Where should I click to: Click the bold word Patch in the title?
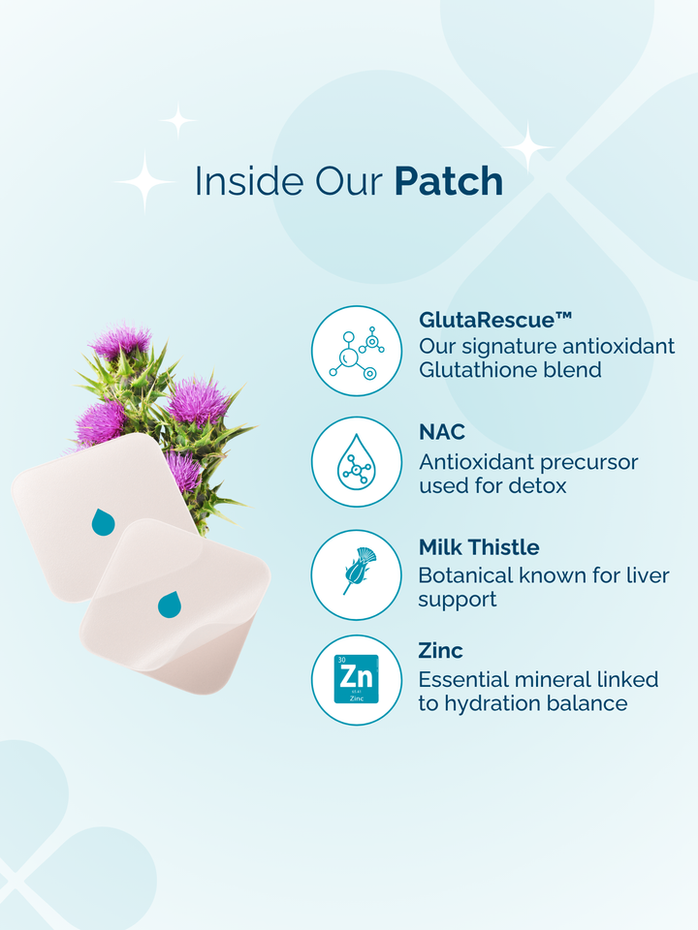tap(449, 181)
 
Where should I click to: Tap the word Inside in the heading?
tap(249, 181)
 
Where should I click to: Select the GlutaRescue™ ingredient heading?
tap(495, 321)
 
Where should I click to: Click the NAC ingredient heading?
tap(442, 432)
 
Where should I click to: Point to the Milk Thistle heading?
tap(479, 546)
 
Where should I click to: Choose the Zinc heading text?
tap(440, 651)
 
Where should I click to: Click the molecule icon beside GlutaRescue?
tap(357, 353)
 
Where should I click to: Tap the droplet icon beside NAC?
tap(356, 462)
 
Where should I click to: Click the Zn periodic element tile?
tap(356, 679)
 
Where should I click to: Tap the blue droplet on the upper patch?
tap(103, 522)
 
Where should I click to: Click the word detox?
tap(537, 485)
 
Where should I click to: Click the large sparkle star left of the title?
tap(144, 181)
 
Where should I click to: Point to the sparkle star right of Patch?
tap(527, 147)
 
